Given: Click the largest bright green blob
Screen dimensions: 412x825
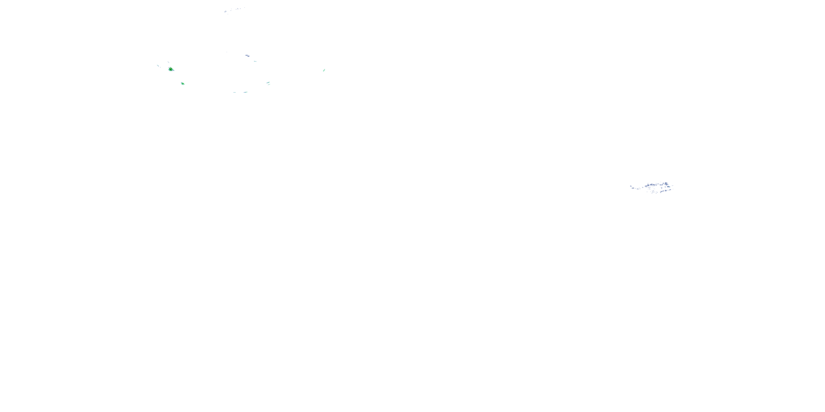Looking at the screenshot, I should pos(171,69).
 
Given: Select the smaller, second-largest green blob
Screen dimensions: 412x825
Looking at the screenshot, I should pos(183,83).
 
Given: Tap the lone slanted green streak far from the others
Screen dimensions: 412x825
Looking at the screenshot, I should pos(324,70).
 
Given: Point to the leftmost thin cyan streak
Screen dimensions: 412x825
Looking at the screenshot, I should pos(158,66).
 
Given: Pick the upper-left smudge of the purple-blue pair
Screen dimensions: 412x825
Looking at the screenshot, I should pos(246,55).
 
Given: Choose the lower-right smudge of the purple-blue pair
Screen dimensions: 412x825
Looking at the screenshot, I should pos(248,56).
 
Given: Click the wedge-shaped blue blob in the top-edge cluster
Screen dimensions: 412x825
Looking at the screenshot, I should pos(225,12).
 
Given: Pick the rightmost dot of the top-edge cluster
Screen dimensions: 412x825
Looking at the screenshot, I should pos(245,8).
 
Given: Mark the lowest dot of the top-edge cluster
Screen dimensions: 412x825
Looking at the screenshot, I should pos(228,14).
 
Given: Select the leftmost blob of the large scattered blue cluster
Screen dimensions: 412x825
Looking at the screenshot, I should pos(631,186).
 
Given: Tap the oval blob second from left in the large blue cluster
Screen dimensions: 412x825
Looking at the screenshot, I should pos(633,188).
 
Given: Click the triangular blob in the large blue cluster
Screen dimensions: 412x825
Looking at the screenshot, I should pos(666,190).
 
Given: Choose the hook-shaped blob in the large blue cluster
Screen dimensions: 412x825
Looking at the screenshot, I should pos(670,190).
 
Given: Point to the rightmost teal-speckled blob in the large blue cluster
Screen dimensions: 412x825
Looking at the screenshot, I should pos(669,187).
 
